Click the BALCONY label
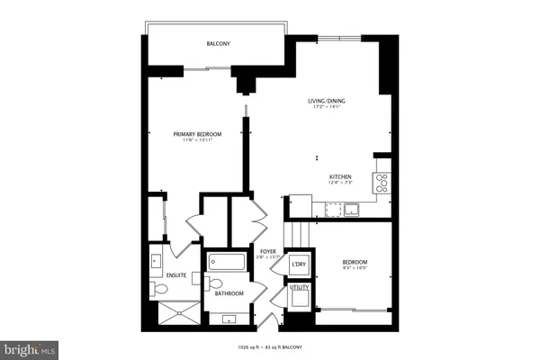click(x=216, y=42)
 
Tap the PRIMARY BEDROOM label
click(x=197, y=134)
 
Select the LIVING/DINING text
click(x=324, y=101)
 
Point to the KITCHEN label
click(x=339, y=176)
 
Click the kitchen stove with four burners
click(x=382, y=183)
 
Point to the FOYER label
click(x=267, y=251)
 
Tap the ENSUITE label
click(x=176, y=274)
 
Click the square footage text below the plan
click(x=270, y=347)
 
